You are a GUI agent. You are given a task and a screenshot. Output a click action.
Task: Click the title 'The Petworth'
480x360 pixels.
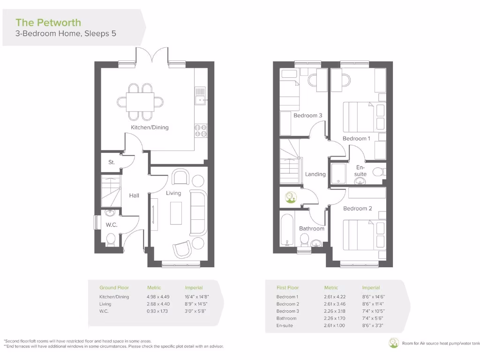point(48,22)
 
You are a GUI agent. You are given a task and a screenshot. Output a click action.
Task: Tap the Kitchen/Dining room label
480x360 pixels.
point(150,127)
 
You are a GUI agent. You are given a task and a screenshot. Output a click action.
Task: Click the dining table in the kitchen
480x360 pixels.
point(140,101)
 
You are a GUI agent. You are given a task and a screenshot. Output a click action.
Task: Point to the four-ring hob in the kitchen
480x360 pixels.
point(201,130)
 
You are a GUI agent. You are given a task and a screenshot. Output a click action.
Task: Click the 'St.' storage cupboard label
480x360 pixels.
point(112,163)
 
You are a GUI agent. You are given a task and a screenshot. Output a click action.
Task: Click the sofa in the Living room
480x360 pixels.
point(197,212)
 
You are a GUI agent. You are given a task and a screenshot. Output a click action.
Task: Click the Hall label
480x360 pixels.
point(134,195)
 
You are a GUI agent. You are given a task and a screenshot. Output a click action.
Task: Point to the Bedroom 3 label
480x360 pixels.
point(307,116)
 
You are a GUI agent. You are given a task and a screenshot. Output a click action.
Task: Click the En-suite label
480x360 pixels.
point(360,171)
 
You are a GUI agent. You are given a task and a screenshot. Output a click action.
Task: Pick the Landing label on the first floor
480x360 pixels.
point(315,174)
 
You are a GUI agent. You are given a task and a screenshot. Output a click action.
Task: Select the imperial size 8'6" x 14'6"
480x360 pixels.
point(375,297)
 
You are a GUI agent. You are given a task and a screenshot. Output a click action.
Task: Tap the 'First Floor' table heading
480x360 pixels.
point(287,287)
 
